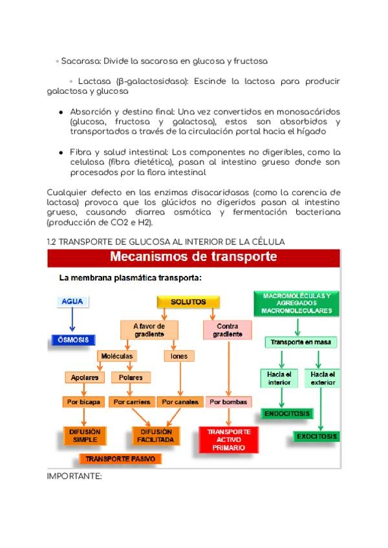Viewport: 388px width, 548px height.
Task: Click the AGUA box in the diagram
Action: pos(72,302)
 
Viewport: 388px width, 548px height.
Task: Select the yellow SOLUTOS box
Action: pos(188,302)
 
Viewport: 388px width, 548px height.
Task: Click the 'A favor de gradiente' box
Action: pos(149,330)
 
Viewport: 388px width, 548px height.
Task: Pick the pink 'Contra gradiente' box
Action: pos(228,330)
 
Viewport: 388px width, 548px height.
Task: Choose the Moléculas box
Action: pos(117,356)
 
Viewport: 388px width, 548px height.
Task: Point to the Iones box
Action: pos(178,356)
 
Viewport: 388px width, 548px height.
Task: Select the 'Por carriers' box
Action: pos(131,401)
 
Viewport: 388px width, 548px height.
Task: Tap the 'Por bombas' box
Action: pos(228,401)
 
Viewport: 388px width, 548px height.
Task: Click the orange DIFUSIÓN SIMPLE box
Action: pos(85,436)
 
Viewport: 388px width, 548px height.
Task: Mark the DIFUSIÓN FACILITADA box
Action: pos(155,436)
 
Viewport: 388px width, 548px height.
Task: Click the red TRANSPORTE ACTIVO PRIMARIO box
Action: pos(228,439)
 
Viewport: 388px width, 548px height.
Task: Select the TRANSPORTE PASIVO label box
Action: pos(120,458)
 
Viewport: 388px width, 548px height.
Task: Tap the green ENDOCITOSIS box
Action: pos(286,413)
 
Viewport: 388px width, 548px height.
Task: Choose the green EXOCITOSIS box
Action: pos(317,436)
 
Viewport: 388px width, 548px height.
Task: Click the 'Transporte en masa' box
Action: pos(296,342)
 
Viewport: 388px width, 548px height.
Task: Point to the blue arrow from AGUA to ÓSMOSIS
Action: pos(72,321)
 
